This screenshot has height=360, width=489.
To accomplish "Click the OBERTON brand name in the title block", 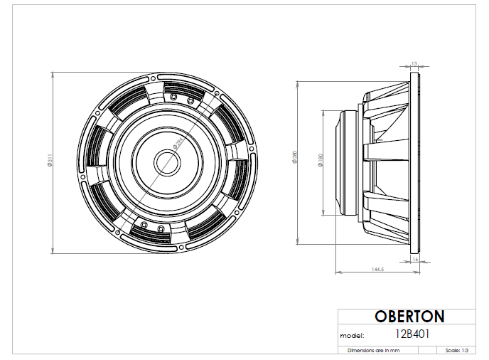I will (409, 317).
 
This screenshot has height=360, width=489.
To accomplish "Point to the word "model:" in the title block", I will (353, 334).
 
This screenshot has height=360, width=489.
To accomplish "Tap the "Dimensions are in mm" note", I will (373, 351).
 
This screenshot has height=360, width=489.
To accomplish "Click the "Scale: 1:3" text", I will (456, 351).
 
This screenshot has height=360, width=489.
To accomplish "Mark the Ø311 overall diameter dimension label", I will (48, 162).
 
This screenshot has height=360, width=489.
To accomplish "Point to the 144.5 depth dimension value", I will (377, 270).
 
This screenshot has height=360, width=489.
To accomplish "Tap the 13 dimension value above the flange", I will (414, 64).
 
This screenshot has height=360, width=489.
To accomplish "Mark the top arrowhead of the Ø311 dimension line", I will (54, 73).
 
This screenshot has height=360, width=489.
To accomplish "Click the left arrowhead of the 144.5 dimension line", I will (337, 272).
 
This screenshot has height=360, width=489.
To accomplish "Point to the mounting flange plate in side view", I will (415, 162).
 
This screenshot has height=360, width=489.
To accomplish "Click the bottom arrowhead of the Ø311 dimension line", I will (54, 250).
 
